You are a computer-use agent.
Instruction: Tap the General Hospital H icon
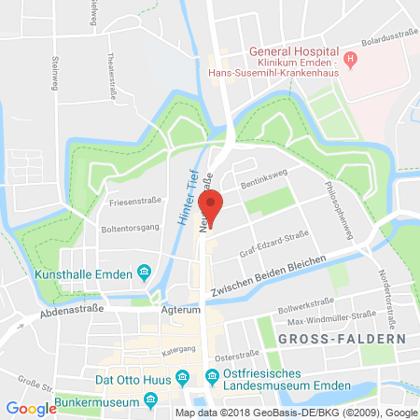point(351,62)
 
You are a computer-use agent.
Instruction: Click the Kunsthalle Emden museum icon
point(144,273)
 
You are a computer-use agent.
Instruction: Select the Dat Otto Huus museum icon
point(185,377)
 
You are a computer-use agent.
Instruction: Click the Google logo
point(31,408)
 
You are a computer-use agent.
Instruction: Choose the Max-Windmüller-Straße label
point(326,320)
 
